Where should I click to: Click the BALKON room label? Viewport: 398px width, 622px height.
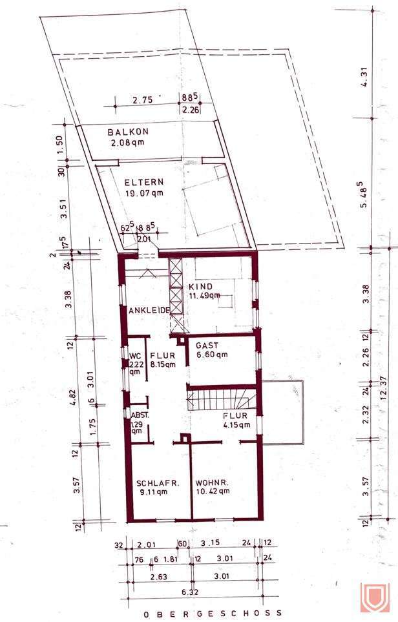(128, 132)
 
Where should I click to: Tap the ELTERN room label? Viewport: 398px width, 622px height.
(143, 182)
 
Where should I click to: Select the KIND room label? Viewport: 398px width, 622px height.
(202, 286)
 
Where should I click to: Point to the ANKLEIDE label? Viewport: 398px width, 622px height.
(149, 311)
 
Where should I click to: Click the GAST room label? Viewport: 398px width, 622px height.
(207, 346)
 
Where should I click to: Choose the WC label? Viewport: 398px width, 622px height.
(134, 355)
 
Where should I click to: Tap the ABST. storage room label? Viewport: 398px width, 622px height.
(140, 416)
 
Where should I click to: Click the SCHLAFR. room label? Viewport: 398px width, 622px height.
(158, 482)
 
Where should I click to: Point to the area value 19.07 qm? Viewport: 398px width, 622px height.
(145, 192)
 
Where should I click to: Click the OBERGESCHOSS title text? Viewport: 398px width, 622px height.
(203, 612)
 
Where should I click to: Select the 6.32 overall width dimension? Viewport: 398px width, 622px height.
(189, 591)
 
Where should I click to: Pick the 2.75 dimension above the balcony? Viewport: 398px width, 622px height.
(143, 100)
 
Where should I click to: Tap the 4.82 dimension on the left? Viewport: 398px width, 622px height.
(76, 394)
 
